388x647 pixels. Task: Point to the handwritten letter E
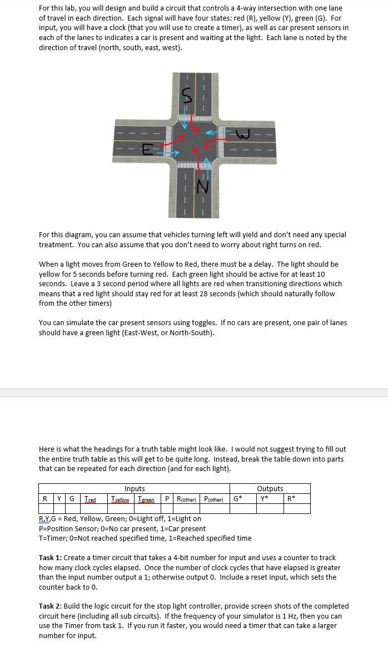pyautogui.click(x=147, y=149)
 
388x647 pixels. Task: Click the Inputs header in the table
pyautogui.click(x=135, y=488)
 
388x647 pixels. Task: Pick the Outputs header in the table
pyautogui.click(x=270, y=488)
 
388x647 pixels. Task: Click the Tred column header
pyautogui.click(x=90, y=499)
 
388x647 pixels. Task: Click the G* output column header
pyautogui.click(x=237, y=499)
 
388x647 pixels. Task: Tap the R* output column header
pyautogui.click(x=291, y=499)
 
